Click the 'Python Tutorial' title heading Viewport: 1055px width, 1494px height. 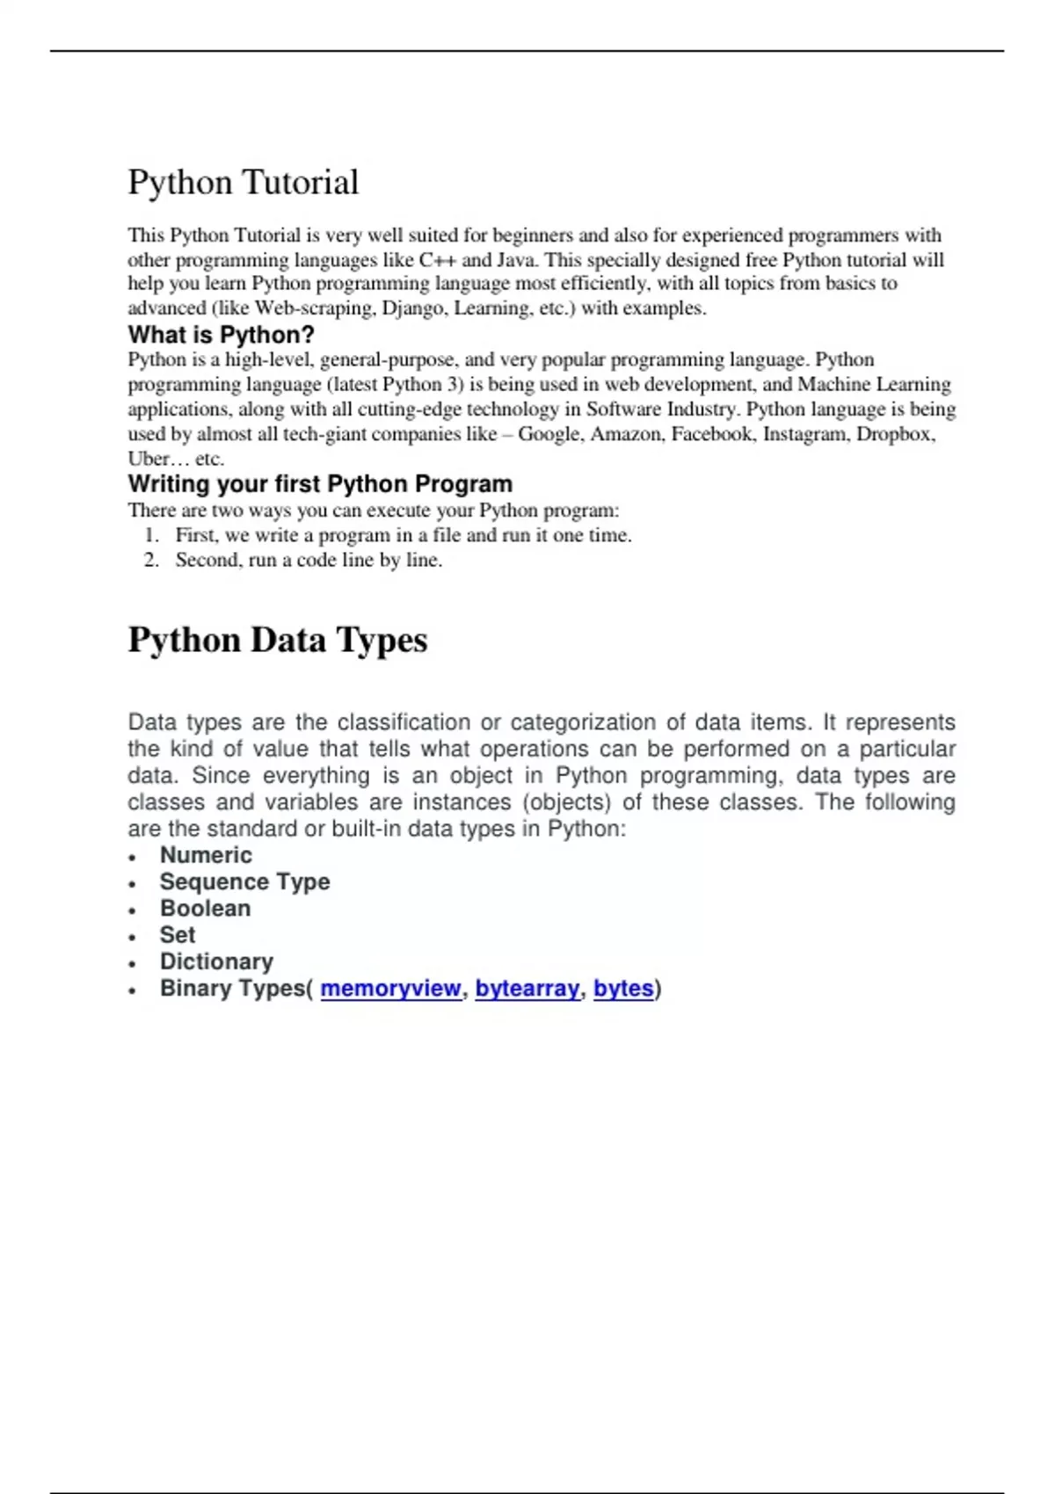coord(244,183)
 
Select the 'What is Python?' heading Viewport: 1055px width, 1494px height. coord(221,335)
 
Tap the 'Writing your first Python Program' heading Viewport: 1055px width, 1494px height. coord(320,484)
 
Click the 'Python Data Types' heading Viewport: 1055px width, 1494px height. coord(278,640)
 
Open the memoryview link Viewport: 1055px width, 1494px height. coord(390,989)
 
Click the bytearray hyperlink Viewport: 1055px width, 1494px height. coord(527,989)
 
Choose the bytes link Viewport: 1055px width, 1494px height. coord(623,989)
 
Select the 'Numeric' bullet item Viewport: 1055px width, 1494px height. coord(206,855)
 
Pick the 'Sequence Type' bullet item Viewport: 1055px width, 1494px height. coord(244,881)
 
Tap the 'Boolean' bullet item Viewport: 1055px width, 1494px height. coord(205,909)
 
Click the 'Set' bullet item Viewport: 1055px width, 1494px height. coord(178,935)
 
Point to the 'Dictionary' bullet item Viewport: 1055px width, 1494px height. coord(216,961)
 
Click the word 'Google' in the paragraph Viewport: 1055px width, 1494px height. coord(549,434)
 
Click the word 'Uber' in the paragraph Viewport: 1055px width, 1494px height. coord(149,459)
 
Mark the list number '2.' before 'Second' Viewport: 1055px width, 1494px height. coord(151,561)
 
